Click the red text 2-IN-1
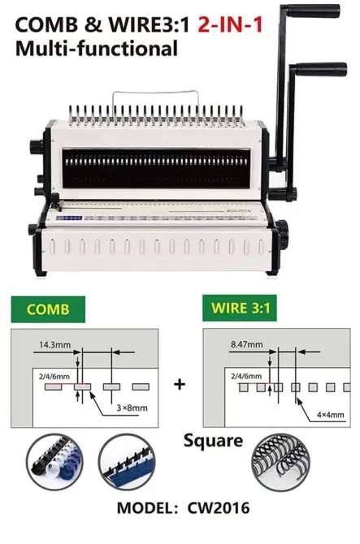[230, 25]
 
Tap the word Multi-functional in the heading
[97, 48]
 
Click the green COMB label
[48, 309]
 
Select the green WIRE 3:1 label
[240, 308]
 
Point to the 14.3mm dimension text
[54, 345]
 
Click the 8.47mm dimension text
[247, 344]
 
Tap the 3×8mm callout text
[132, 408]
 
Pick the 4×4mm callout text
[331, 415]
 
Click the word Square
[213, 442]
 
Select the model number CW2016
[219, 508]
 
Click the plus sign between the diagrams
[180, 384]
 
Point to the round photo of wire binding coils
[280, 462]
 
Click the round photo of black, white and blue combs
[54, 462]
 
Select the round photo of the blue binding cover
[127, 462]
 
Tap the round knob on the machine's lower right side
[283, 231]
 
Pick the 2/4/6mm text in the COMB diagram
[54, 377]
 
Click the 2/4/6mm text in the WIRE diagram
[246, 376]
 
